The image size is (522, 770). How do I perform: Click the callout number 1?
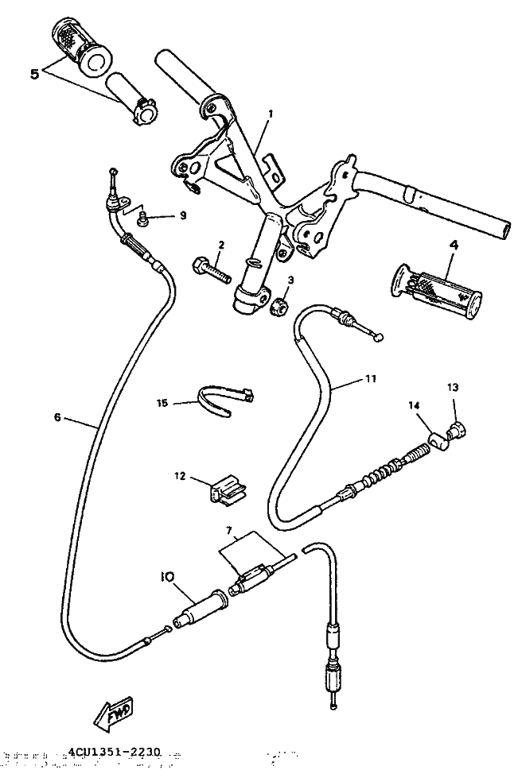pos(270,114)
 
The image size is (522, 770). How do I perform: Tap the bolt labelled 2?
pos(210,269)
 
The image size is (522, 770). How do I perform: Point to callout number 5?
pos(34,73)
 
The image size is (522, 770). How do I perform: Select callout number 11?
pos(370,380)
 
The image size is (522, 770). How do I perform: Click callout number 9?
pos(182,215)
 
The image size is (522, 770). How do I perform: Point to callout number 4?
pos(454,246)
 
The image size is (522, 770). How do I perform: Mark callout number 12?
pos(179,476)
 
